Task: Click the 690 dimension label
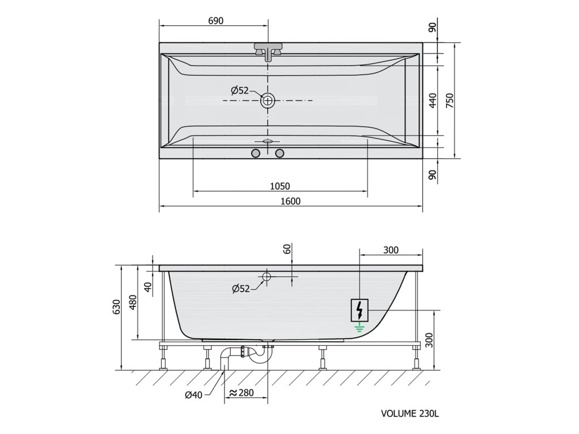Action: (215, 21)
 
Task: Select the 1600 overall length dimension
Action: (291, 201)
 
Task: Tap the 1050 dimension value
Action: (280, 186)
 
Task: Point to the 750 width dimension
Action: (450, 101)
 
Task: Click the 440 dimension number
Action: (433, 101)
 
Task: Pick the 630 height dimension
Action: (116, 307)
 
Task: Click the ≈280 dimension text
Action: (241, 393)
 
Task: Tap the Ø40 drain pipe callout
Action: (194, 395)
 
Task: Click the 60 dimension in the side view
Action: (288, 249)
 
